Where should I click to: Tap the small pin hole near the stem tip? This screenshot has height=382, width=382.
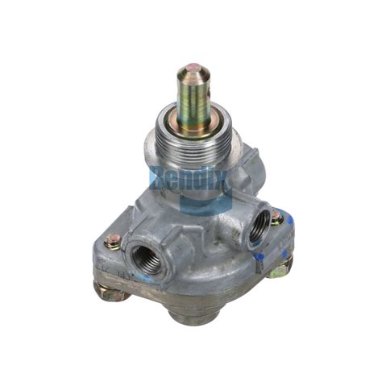(193, 70)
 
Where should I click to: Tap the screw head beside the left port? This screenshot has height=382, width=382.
(113, 240)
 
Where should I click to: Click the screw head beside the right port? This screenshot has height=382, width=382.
(276, 217)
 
